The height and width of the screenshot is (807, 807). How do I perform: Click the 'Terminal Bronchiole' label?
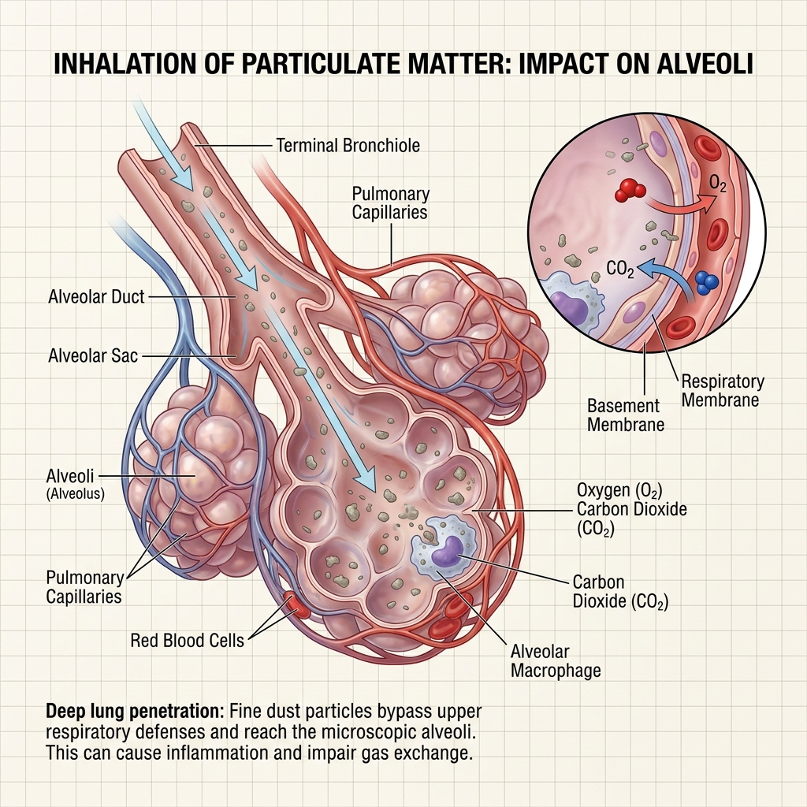point(348,146)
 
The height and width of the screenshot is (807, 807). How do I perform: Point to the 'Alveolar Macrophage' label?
point(556,661)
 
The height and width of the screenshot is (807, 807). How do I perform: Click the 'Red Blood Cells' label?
point(187,640)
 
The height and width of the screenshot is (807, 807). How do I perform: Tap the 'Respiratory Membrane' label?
point(722,391)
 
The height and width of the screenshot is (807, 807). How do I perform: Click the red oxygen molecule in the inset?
point(630,189)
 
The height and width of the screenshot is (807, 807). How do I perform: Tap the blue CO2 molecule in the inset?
point(706,282)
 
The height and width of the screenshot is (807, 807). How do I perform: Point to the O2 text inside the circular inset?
point(718,184)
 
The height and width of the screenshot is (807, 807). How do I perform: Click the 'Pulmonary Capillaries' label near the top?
point(390,203)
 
